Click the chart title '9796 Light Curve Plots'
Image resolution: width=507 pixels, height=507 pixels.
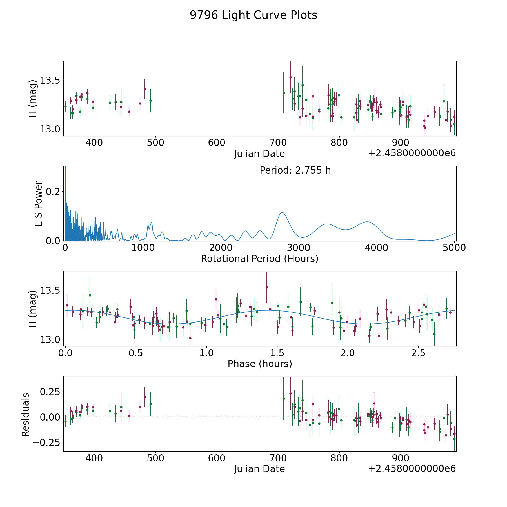[x=253, y=15]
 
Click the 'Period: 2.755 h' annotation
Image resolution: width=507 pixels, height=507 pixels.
[x=295, y=170]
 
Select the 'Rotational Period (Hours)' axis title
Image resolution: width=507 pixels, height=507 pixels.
[x=259, y=259]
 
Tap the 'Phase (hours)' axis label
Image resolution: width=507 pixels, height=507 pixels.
[x=260, y=364]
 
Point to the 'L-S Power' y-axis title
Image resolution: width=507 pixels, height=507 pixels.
[x=39, y=203]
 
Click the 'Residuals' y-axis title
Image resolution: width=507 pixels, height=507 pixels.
[x=26, y=415]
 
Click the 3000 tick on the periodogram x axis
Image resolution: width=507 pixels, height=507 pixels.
[x=299, y=248]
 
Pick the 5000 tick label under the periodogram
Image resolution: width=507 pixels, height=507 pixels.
[x=454, y=248]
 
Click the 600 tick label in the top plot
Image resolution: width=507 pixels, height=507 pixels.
[x=217, y=143]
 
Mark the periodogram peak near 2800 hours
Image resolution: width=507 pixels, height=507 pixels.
[x=282, y=212]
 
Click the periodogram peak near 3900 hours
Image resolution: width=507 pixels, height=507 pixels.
[x=367, y=222]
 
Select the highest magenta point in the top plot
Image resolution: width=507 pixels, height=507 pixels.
[x=290, y=77]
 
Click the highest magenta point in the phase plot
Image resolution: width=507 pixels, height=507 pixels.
[x=267, y=287]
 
